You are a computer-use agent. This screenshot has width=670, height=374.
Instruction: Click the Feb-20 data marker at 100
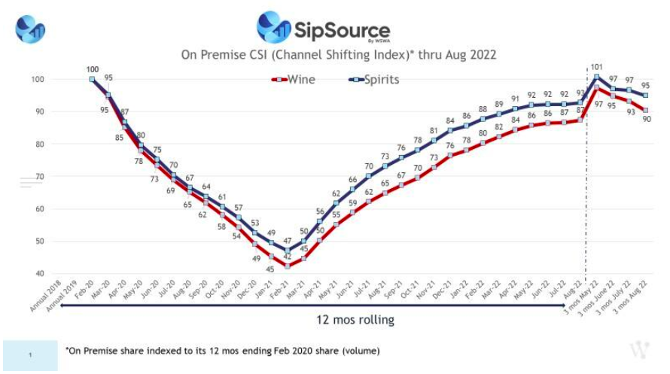(91, 79)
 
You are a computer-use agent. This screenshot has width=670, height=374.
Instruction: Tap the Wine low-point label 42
(287, 256)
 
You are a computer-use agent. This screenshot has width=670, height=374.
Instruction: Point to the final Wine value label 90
(646, 119)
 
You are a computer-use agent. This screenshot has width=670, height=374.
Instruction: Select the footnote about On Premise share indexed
(222, 351)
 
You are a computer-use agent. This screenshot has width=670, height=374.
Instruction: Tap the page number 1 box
(29, 355)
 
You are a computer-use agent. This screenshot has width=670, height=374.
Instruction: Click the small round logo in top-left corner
(31, 28)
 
